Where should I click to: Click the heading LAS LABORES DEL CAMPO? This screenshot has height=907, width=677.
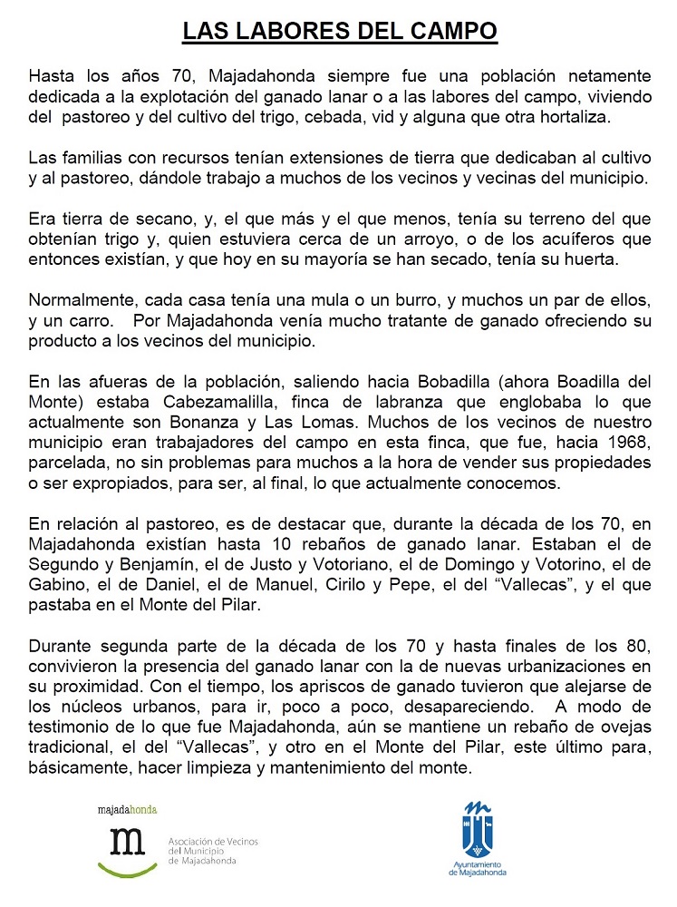coord(340,33)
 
